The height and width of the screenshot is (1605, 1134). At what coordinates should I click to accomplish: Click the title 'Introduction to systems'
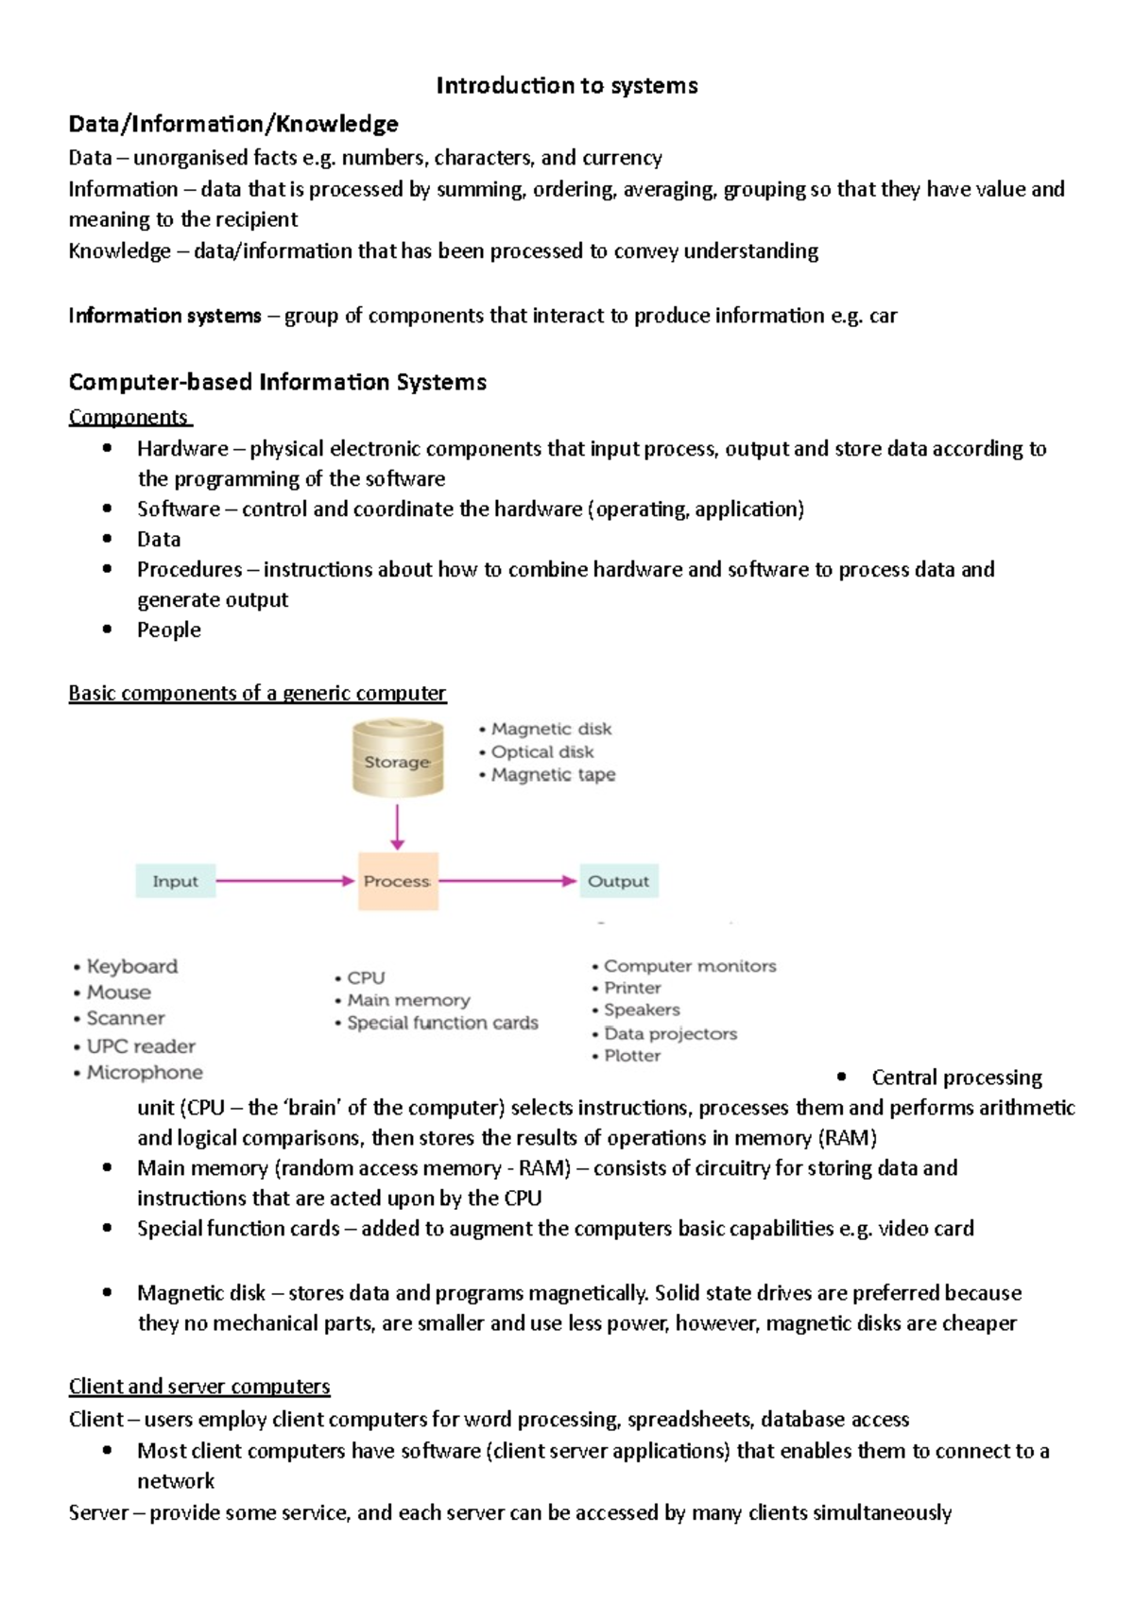(566, 86)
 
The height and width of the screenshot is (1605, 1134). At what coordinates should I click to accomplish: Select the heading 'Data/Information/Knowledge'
(233, 124)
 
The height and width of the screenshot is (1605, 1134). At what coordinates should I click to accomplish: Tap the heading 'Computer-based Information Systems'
(278, 382)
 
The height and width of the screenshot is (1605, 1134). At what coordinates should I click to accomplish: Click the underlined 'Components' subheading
(129, 417)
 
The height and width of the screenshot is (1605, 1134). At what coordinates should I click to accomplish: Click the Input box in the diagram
(176, 881)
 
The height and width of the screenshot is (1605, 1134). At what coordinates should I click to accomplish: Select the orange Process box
(398, 881)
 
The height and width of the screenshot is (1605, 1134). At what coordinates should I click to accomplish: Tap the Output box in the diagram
(619, 881)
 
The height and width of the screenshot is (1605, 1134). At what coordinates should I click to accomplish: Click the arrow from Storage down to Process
(398, 827)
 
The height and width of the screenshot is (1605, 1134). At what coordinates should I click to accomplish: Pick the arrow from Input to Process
(283, 881)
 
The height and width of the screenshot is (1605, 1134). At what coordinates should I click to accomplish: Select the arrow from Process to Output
(507, 881)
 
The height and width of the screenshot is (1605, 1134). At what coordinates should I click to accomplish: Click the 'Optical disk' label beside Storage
(542, 751)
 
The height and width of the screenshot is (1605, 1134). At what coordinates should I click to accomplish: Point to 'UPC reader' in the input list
(141, 1046)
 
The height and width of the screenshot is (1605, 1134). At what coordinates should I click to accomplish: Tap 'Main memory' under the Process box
(408, 1000)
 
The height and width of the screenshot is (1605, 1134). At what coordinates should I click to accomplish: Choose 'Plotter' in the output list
(632, 1056)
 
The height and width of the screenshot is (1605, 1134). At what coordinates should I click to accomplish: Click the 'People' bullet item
(169, 630)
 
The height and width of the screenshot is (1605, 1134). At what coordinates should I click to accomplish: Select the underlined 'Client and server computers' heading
(199, 1387)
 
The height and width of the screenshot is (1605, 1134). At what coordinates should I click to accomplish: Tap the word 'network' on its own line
(176, 1481)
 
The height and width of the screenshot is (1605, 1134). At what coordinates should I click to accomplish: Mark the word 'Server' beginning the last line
(98, 1512)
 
